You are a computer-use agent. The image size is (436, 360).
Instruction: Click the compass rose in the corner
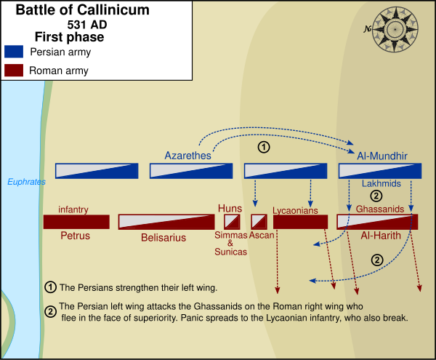coord(395,29)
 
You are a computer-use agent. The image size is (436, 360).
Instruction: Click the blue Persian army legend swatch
coord(15,52)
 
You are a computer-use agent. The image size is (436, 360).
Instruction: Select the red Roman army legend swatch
coord(15,71)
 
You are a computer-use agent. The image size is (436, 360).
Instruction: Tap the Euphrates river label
coord(26,182)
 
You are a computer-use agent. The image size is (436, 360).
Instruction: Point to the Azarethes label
coord(188,156)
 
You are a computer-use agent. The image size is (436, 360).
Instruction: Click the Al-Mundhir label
coord(381,156)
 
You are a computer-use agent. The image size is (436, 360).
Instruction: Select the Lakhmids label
coord(381,184)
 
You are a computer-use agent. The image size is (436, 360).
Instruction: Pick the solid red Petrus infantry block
coord(76,222)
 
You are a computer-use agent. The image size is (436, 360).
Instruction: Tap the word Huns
coord(230,208)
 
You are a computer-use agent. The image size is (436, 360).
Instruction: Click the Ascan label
coord(261,236)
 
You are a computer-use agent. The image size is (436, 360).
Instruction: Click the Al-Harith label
coord(379,237)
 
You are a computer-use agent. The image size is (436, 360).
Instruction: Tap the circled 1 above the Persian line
coord(265,147)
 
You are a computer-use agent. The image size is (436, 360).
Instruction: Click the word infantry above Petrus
coord(73,209)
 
